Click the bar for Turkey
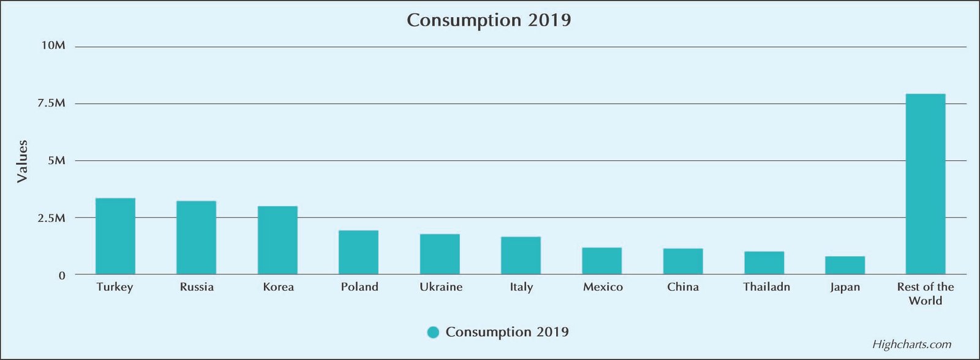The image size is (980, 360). (x=115, y=236)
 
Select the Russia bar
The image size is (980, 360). (x=196, y=238)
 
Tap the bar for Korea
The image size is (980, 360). (x=277, y=240)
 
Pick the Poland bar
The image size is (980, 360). (x=358, y=252)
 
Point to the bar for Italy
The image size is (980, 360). (x=521, y=255)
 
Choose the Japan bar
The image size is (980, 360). (x=845, y=265)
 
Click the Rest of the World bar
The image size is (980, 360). (x=925, y=184)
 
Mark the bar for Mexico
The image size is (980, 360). (x=601, y=261)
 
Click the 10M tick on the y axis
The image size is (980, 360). (x=53, y=46)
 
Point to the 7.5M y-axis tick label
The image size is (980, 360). (x=51, y=103)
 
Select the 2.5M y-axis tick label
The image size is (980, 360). (x=51, y=218)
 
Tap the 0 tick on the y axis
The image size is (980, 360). (x=62, y=276)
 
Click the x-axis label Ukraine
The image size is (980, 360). (x=441, y=287)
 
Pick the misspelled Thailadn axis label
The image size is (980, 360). (x=766, y=287)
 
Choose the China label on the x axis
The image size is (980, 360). (x=683, y=287)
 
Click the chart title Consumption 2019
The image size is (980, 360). (x=489, y=20)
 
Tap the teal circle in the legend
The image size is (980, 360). (x=433, y=332)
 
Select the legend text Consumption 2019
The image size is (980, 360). (x=507, y=332)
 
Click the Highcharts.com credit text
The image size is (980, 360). (x=912, y=345)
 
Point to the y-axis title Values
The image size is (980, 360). (x=23, y=161)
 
